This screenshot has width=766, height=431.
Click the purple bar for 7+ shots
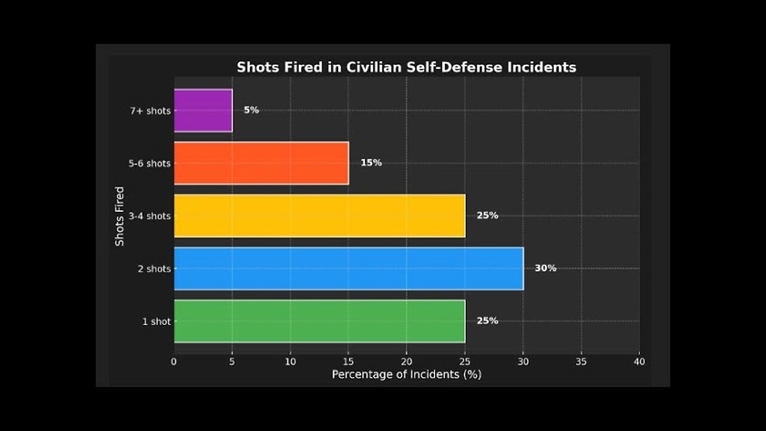point(203,110)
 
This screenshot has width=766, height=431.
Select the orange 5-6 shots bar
point(261,163)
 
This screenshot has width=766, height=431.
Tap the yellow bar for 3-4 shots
point(319,215)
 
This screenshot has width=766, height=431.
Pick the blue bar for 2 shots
point(348,268)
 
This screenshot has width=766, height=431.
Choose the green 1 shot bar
point(319,321)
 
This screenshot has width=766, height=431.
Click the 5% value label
point(251,110)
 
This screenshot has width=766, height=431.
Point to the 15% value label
point(371,163)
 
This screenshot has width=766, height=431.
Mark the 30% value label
point(545,268)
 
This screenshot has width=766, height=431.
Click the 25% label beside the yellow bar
point(487,215)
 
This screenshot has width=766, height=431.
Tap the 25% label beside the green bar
point(487,321)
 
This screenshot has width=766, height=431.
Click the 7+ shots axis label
point(150,111)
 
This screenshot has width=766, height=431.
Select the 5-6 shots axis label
point(150,163)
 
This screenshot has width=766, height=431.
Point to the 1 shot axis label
point(156,321)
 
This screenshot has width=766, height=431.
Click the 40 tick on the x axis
point(639,362)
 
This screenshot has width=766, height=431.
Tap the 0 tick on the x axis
point(174,362)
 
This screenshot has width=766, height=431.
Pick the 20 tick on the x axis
point(406,362)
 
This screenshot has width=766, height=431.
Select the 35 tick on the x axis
point(581,362)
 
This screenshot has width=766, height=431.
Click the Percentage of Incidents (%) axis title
point(406,375)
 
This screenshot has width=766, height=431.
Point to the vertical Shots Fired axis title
point(120,216)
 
